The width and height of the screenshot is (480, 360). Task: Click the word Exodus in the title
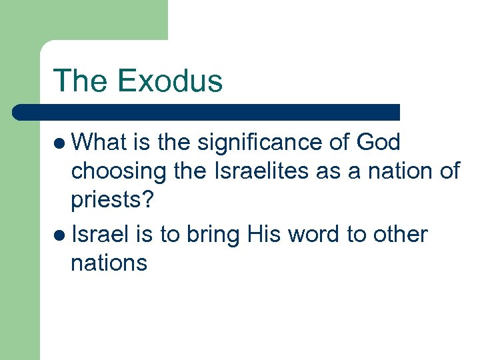tap(169, 81)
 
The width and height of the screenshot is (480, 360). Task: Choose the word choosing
tap(119, 172)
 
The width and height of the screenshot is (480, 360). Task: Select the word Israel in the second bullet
tap(98, 234)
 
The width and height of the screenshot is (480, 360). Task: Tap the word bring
tap(214, 235)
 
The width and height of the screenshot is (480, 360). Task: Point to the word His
tap(264, 234)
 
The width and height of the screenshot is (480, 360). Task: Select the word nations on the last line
tap(109, 263)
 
